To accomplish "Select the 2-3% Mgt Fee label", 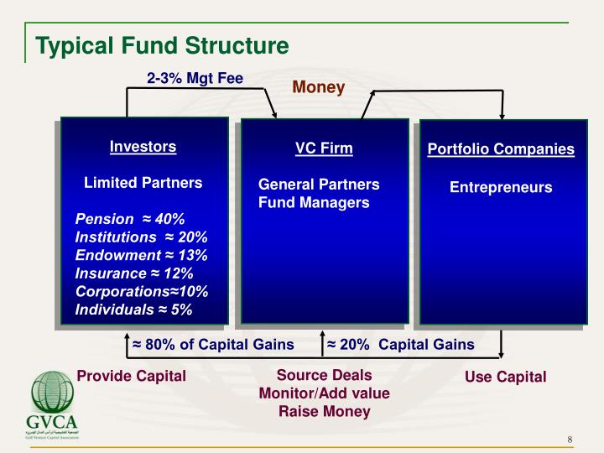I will click(x=195, y=79).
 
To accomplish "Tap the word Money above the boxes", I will click(x=318, y=87).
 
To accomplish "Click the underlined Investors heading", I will click(x=143, y=147).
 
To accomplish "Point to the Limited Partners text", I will click(x=143, y=183).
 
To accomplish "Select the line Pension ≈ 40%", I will click(x=130, y=219).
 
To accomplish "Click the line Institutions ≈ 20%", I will click(x=141, y=237).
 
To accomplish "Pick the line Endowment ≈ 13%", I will click(x=141, y=255).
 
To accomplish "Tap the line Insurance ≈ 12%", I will click(x=134, y=273).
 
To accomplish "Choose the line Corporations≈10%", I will click(x=141, y=291).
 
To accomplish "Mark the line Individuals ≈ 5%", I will click(x=134, y=310).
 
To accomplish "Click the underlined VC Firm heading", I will click(x=324, y=148).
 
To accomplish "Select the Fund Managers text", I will click(x=313, y=202).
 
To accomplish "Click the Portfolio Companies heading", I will click(x=501, y=149).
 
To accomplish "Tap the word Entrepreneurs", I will click(x=501, y=188).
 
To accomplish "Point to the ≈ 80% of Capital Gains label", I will click(x=213, y=345).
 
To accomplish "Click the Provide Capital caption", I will click(x=132, y=376).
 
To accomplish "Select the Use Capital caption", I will click(x=505, y=377).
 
